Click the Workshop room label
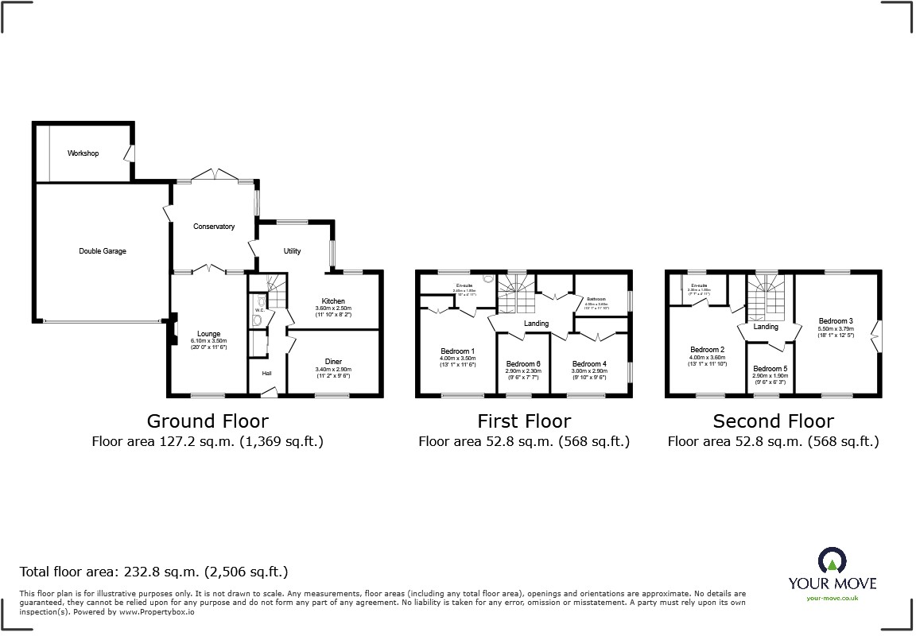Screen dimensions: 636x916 (83, 153)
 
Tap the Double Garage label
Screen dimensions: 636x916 (102, 251)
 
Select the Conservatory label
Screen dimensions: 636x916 (214, 227)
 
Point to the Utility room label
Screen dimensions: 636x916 (293, 251)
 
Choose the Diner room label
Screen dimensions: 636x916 (333, 361)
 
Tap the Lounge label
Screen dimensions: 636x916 (209, 334)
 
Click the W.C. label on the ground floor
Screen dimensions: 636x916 (258, 311)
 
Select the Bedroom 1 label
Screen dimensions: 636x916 (457, 351)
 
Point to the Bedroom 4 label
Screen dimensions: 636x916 (589, 364)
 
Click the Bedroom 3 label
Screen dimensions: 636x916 (835, 321)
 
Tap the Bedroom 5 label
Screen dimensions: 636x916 (770, 369)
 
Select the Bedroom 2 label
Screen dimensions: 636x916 (707, 350)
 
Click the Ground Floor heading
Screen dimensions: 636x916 (208, 421)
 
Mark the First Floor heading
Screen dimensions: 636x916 (523, 421)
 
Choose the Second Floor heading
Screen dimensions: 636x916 (773, 421)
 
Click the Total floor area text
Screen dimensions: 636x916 (153, 572)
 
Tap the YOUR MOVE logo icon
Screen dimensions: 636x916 (832, 560)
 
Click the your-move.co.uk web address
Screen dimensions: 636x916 (832, 598)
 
